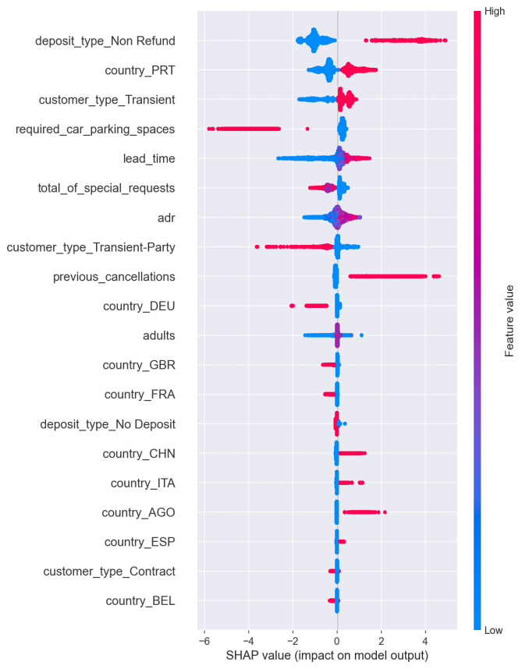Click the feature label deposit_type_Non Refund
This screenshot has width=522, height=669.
[x=105, y=41]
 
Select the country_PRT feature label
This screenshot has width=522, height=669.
[x=140, y=70]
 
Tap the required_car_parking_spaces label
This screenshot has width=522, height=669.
[x=95, y=129]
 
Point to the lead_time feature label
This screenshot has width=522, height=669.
[x=149, y=158]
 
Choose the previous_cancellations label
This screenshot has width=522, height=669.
[x=114, y=276]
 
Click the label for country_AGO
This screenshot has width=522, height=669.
[x=138, y=512]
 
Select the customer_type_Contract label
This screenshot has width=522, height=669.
[x=108, y=572]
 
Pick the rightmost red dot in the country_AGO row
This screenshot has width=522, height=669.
[x=385, y=512]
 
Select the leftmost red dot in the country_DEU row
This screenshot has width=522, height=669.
[x=292, y=306]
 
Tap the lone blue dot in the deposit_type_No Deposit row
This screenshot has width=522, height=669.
[x=345, y=424]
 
